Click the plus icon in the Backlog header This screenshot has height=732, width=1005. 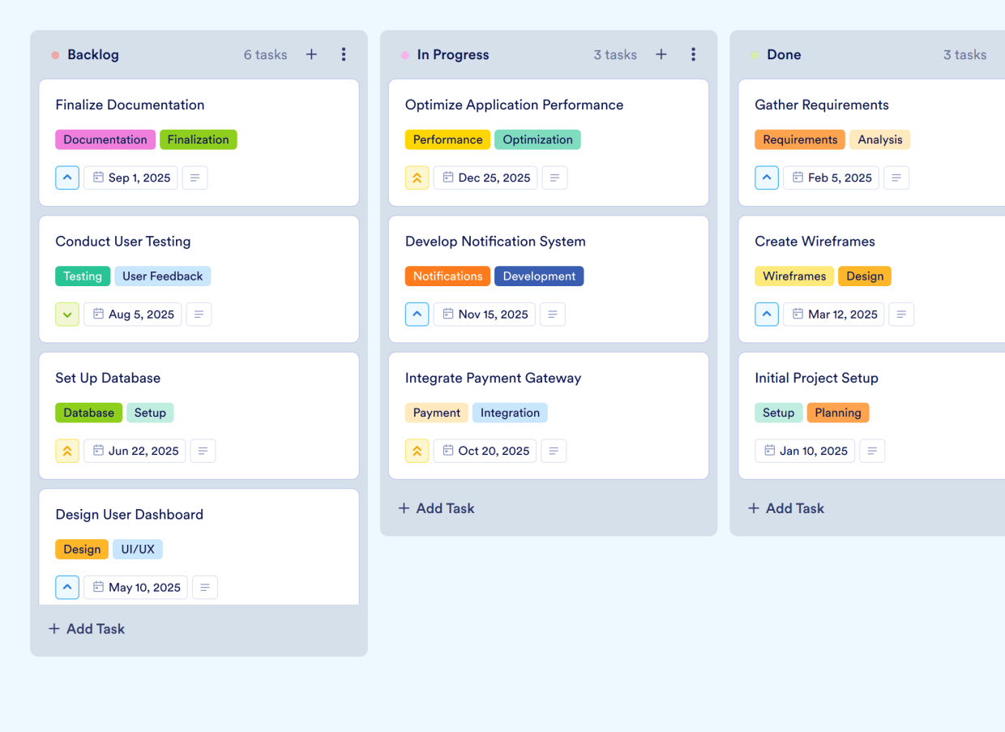point(311,54)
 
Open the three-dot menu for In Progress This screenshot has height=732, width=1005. point(693,54)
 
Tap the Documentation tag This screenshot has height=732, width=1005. point(105,139)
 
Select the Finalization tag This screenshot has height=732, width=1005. point(199,139)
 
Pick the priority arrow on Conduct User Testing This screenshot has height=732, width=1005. point(67,315)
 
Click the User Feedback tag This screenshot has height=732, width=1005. point(163,276)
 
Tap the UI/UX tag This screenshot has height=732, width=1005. point(138,550)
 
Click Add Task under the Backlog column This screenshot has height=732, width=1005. point(87,629)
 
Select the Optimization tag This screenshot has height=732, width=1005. point(537,139)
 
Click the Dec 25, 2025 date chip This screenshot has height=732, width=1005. point(485,178)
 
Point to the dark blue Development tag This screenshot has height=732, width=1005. point(539,276)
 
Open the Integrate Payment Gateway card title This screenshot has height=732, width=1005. point(493,378)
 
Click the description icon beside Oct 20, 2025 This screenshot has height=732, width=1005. point(554,451)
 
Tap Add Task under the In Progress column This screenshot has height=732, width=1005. point(437,508)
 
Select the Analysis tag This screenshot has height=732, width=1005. point(879,139)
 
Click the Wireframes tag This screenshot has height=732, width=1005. point(794,276)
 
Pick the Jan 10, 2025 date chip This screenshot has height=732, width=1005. point(805,451)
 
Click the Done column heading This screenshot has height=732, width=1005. point(784,54)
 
